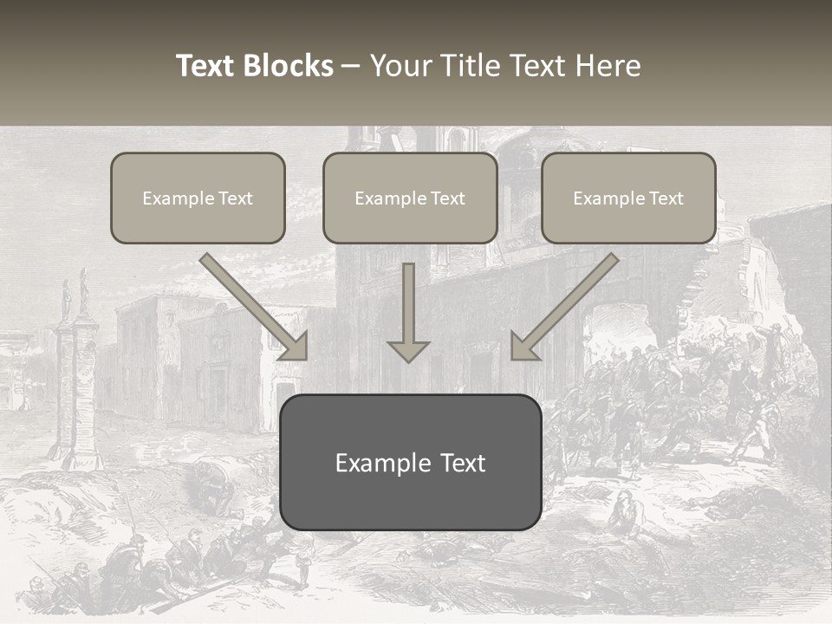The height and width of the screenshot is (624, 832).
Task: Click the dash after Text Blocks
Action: [351, 66]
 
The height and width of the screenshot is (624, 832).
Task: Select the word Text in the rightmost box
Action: [666, 198]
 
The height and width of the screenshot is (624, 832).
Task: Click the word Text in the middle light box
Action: [447, 198]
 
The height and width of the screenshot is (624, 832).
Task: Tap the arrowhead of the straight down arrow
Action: [408, 350]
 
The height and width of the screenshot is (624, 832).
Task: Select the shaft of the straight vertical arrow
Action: [408, 299]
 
